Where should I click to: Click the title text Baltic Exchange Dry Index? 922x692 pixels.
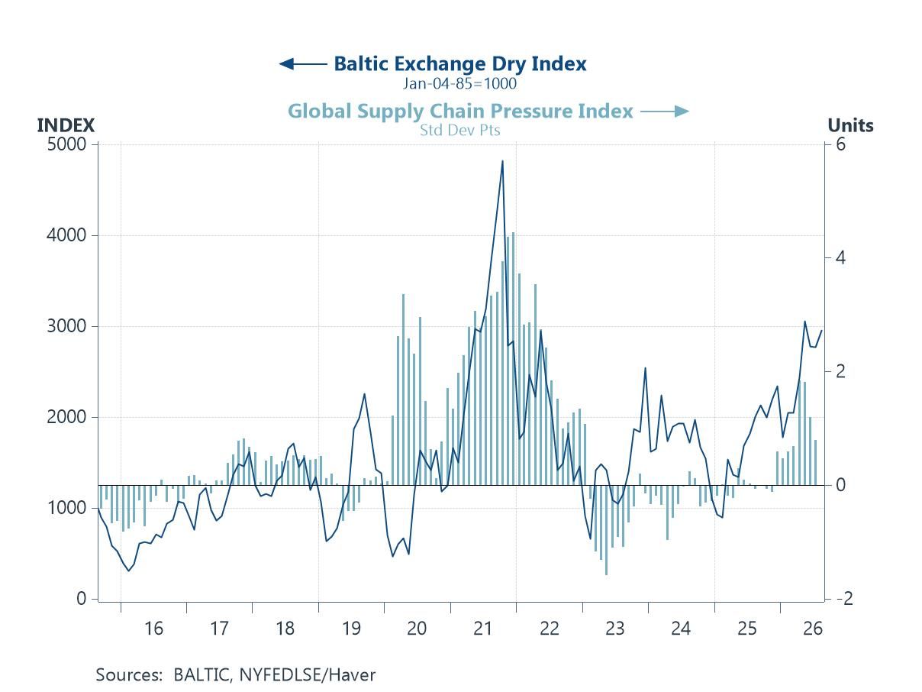coord(460,64)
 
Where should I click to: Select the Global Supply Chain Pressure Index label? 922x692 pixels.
coord(460,112)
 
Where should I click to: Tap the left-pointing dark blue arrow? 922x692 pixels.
coord(303,64)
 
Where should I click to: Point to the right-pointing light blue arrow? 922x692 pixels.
coord(665,112)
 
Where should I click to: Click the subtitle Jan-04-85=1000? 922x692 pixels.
coord(460,83)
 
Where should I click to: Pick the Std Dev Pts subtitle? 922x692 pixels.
coord(460,131)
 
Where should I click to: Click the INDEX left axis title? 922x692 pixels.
coord(66,125)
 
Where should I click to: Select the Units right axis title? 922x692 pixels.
coord(850,125)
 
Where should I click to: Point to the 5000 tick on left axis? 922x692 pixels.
coord(66,144)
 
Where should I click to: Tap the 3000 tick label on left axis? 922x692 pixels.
coord(66,326)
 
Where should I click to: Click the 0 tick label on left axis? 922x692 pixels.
coord(82,599)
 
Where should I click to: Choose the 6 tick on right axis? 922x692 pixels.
coord(840,144)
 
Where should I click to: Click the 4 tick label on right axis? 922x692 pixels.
coord(840,258)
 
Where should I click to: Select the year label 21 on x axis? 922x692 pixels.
coord(482,629)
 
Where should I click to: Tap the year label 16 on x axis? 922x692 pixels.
coord(153,629)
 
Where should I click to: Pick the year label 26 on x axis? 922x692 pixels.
coord(813,629)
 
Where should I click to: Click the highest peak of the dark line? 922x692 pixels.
coord(502,161)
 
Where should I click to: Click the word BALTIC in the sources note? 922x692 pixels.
coord(202,675)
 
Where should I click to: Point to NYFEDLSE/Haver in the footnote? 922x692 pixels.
coord(308,675)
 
